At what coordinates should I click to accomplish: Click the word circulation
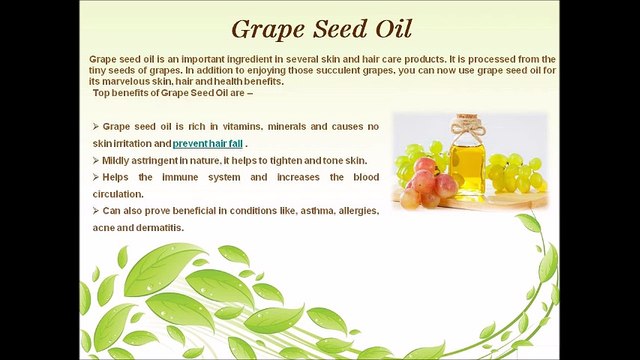pos(119,193)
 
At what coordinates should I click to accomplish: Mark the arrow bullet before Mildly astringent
pos(95,160)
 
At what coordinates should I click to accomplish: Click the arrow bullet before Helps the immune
pos(95,177)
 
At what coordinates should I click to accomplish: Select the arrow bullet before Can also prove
pos(95,210)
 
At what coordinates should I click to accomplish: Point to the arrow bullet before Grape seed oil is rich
pos(95,127)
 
